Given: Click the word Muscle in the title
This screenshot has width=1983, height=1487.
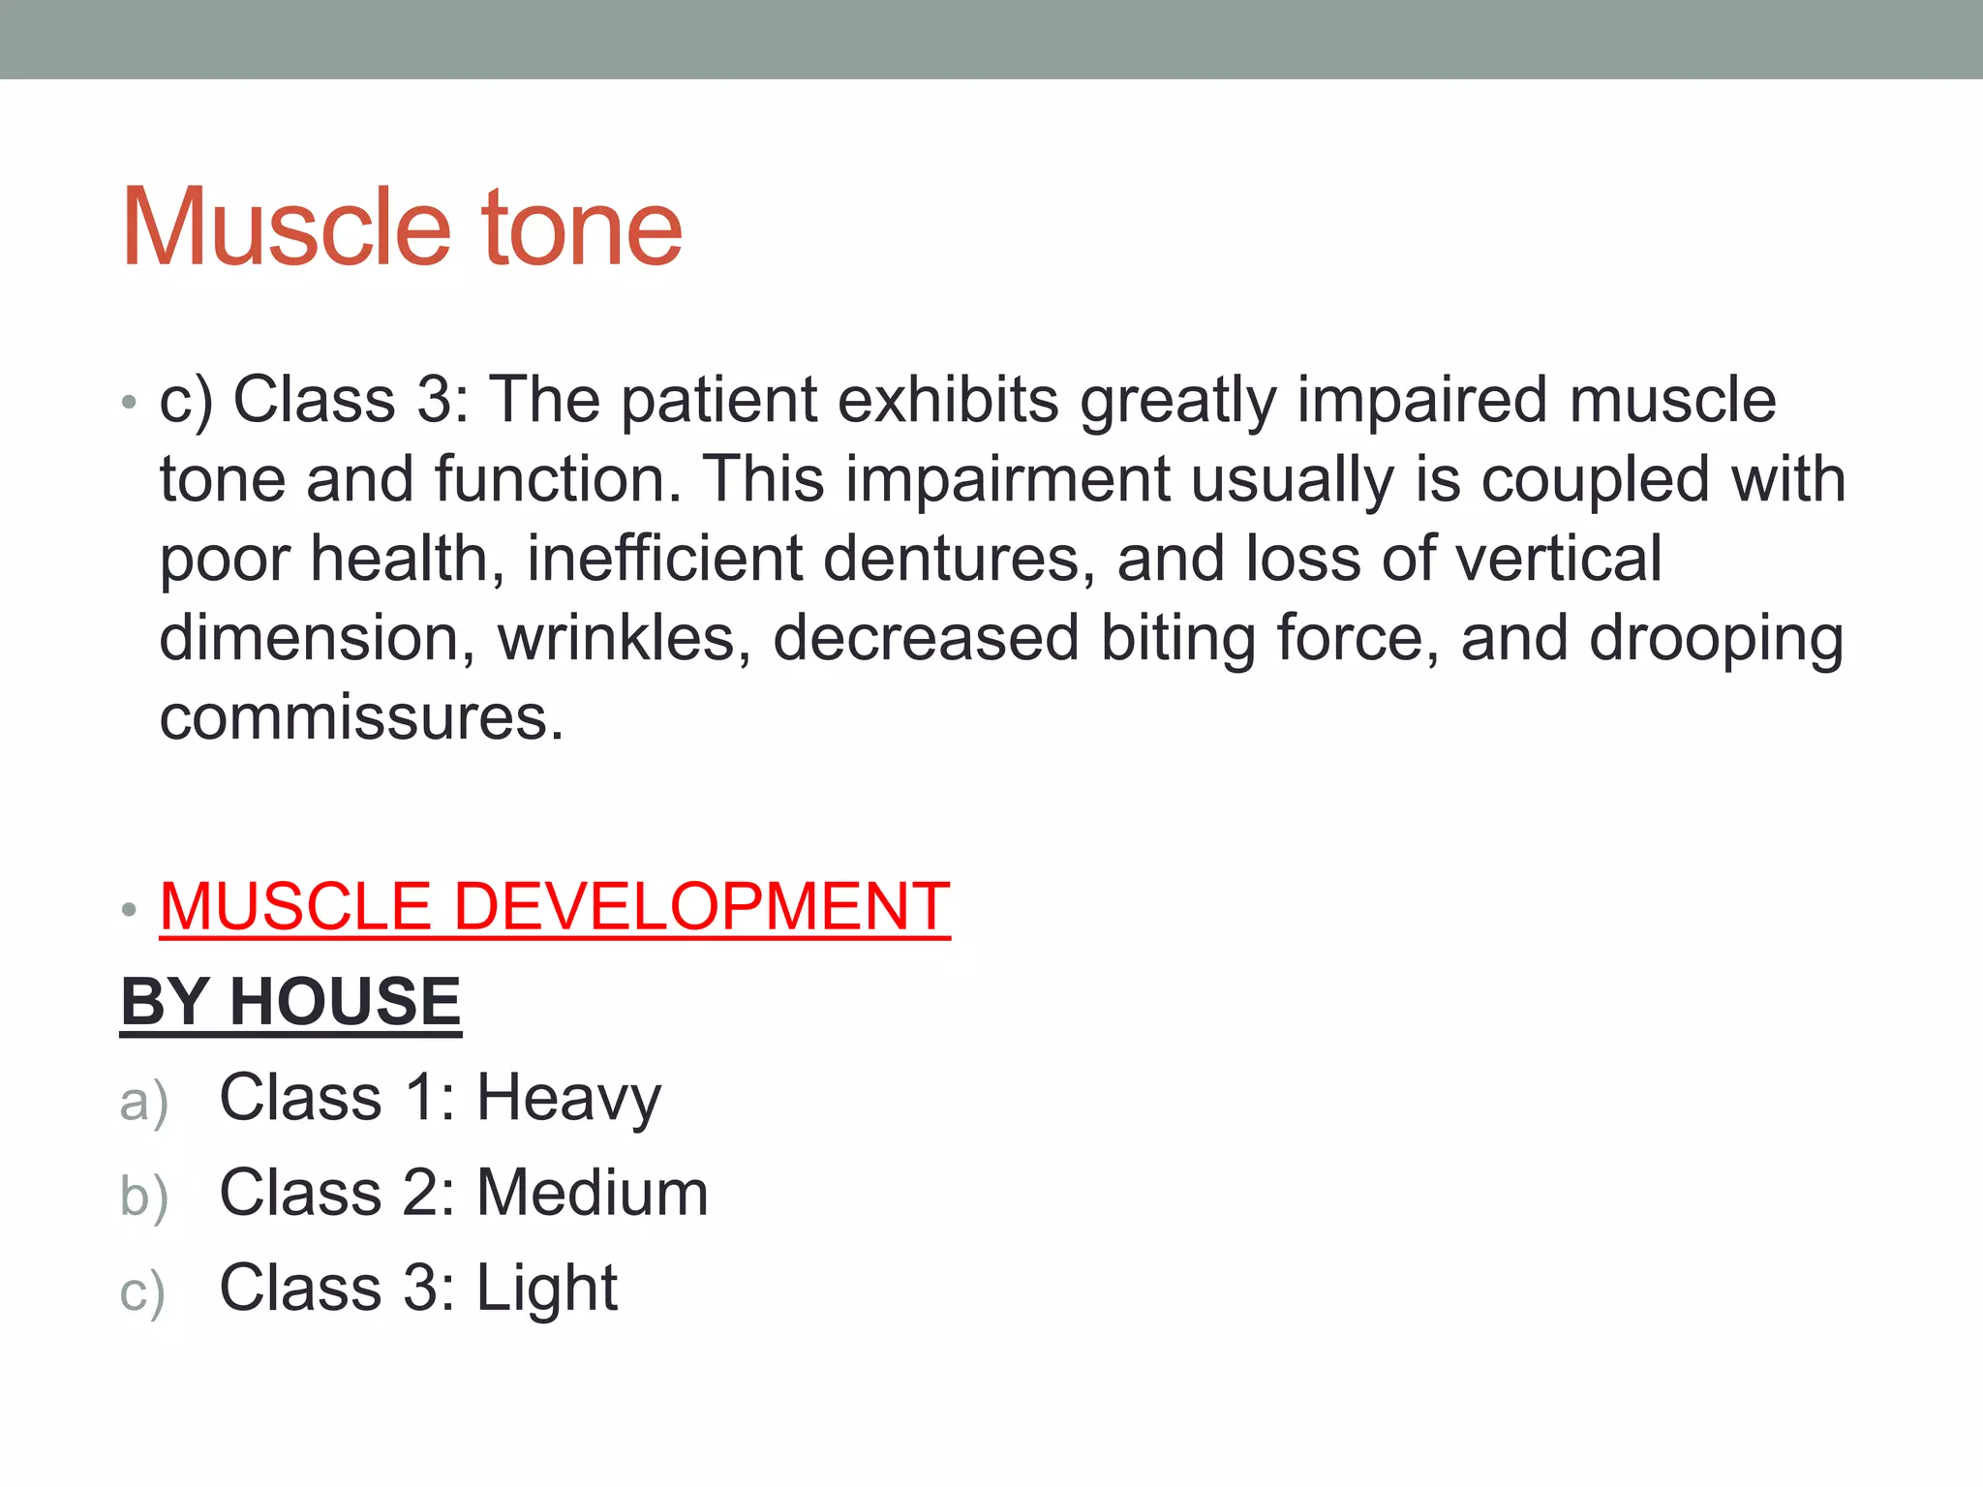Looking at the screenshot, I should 287,228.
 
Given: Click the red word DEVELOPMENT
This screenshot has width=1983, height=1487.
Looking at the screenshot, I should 701,907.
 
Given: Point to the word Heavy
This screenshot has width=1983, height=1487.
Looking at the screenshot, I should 568,1099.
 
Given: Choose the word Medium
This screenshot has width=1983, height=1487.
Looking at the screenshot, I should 593,1193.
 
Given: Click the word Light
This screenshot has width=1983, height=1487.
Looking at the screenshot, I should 547,1289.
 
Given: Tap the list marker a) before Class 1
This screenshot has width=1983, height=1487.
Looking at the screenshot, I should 143,1102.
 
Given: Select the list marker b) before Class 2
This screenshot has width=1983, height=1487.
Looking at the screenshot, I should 143,1197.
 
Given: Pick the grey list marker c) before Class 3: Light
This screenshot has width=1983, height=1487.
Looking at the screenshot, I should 142,1292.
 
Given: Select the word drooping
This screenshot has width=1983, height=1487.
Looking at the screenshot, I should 1716,641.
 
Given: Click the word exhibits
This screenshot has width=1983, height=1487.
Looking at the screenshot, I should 948,400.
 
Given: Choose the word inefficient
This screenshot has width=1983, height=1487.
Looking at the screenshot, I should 665,560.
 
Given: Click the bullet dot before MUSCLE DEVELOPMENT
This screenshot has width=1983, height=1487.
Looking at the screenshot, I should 130,910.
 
